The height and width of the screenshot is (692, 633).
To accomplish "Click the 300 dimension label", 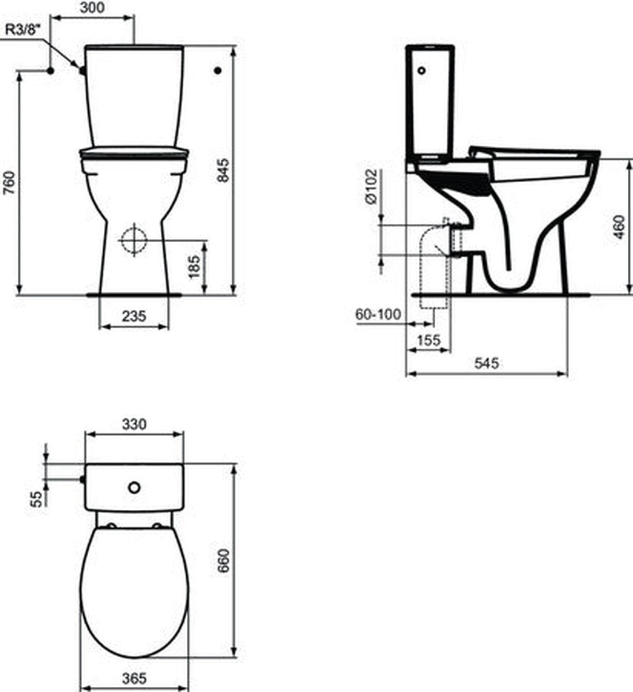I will (x=93, y=8).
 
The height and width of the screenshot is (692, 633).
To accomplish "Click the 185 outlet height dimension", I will (x=194, y=266).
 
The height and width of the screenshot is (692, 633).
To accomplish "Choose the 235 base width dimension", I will (x=134, y=315).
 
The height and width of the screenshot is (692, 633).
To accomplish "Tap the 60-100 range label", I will (x=378, y=314).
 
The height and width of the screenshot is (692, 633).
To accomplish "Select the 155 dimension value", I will (x=428, y=340).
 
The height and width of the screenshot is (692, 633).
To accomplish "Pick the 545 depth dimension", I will (x=487, y=363).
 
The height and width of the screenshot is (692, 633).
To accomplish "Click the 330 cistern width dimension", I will (x=134, y=424).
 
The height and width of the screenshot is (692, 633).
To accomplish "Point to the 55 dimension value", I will (x=36, y=498).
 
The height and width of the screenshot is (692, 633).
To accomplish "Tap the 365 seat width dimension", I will (x=134, y=679).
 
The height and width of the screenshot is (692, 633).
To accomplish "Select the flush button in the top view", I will (x=134, y=488).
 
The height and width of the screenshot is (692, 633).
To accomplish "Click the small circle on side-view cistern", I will (x=423, y=71).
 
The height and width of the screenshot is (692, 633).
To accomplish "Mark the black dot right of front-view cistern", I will (x=217, y=70).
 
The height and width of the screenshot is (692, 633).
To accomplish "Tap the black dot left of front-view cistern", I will (x=51, y=71).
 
